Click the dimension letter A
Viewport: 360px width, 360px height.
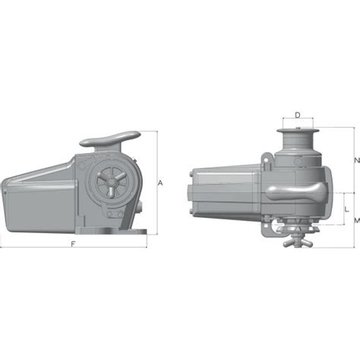(160, 183)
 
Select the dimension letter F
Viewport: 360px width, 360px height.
(72, 244)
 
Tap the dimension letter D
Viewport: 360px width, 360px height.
(298, 115)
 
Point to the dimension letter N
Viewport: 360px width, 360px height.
(356, 160)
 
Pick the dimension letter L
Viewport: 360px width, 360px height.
(346, 206)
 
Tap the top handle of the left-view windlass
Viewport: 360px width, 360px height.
(109, 140)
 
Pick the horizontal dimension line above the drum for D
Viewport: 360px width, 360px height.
(298, 122)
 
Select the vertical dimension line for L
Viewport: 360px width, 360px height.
(341, 207)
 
